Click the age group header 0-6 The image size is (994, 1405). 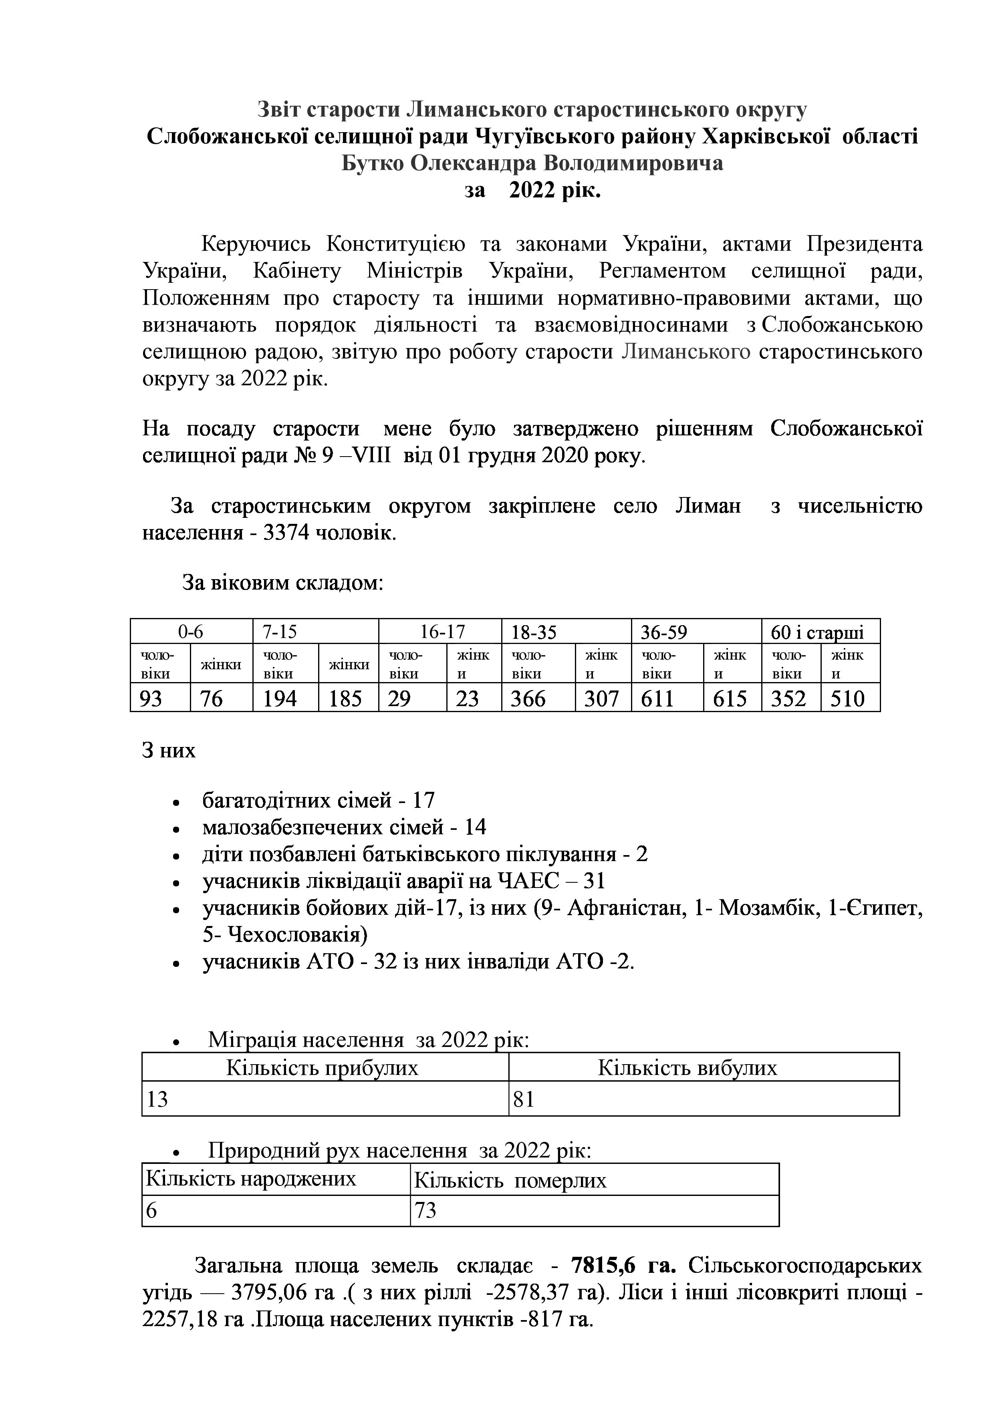(x=191, y=632)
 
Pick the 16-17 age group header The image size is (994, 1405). (x=443, y=632)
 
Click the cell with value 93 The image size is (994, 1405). (x=151, y=698)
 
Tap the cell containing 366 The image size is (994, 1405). (x=528, y=698)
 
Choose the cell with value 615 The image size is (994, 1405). (x=730, y=698)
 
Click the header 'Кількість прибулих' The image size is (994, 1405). (x=323, y=1068)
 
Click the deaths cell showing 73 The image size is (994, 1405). (x=425, y=1210)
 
